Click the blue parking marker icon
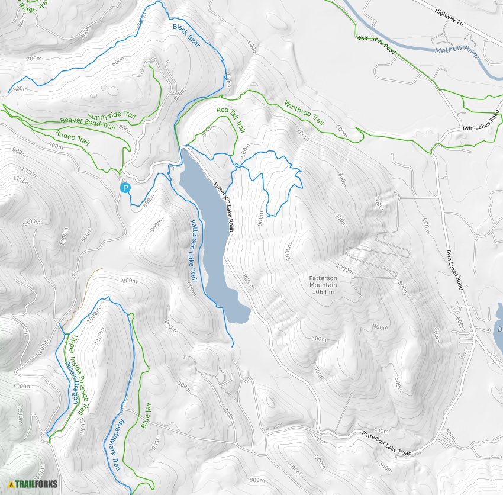coord(125,188)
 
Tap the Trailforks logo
coord(33,484)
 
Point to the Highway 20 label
coord(449,17)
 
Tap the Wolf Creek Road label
coord(375,42)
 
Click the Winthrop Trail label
coord(304,112)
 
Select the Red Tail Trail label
coord(231,118)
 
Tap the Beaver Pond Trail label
coord(87,123)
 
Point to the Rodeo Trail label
coord(72,138)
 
